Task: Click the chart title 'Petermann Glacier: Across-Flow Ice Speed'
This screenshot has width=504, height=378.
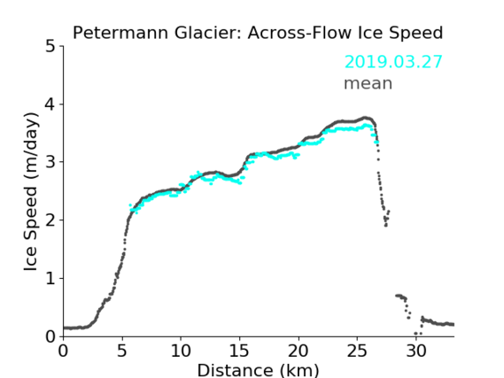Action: click(x=258, y=33)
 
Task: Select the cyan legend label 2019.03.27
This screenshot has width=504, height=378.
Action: click(x=393, y=62)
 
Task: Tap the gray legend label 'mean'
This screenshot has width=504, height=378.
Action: click(x=368, y=83)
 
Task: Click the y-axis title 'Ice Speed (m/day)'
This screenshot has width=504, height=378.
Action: click(x=31, y=192)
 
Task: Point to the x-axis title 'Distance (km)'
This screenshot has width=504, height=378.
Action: click(x=258, y=370)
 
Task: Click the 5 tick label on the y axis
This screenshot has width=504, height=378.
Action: click(x=50, y=47)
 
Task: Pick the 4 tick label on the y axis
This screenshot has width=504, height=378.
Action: click(x=50, y=104)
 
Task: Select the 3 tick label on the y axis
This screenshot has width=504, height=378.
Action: click(x=50, y=162)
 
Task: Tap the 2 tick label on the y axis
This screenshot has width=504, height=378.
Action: click(x=50, y=220)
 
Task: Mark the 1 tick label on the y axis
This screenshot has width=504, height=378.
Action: click(x=50, y=278)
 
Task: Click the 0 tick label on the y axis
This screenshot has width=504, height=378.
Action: click(x=50, y=336)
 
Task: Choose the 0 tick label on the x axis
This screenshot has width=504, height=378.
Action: click(x=63, y=351)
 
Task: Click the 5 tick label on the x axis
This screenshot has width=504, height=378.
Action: click(x=122, y=351)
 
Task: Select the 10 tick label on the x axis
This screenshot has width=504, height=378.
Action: click(x=181, y=351)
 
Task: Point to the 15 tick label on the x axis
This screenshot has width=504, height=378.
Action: click(x=239, y=351)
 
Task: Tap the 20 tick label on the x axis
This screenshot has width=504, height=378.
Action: click(x=299, y=351)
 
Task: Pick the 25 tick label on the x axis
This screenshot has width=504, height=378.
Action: click(x=357, y=351)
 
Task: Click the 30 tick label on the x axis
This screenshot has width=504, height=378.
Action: click(x=416, y=351)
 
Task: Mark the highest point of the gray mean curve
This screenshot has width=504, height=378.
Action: click(x=366, y=118)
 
